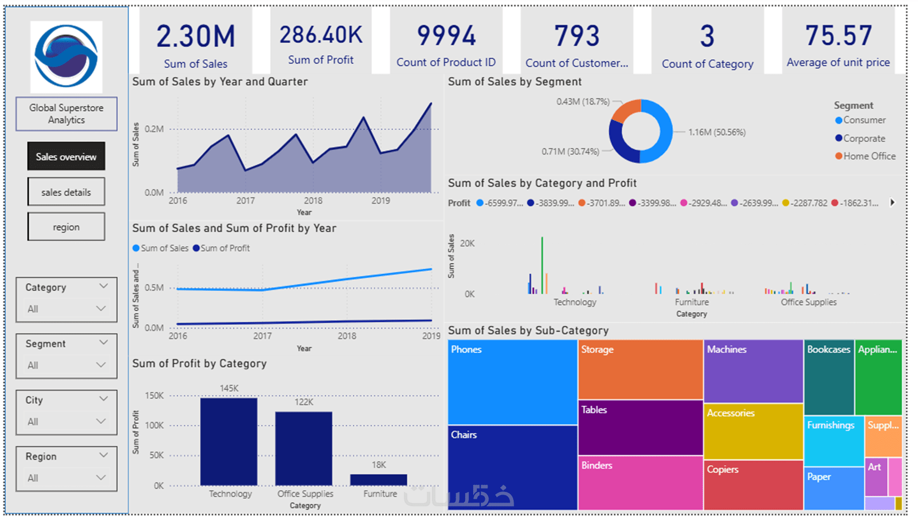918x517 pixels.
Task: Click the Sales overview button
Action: [x=66, y=157]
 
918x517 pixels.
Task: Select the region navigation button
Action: [x=66, y=227]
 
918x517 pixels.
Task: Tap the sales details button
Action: [x=66, y=192]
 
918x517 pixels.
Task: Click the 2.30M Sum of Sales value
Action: [x=196, y=36]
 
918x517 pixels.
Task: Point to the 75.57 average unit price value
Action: [x=838, y=36]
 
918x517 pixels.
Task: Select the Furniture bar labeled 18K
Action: [x=378, y=480]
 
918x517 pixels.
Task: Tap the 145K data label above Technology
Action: [x=229, y=389]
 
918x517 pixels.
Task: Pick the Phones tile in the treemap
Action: [x=512, y=382]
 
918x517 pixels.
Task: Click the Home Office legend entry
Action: [x=869, y=156]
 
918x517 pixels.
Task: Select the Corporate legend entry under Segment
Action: [x=864, y=139]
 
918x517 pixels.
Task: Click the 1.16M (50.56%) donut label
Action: [x=717, y=132]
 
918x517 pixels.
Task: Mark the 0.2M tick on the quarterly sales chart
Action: [x=154, y=129]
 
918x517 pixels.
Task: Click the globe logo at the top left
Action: [x=66, y=56]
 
